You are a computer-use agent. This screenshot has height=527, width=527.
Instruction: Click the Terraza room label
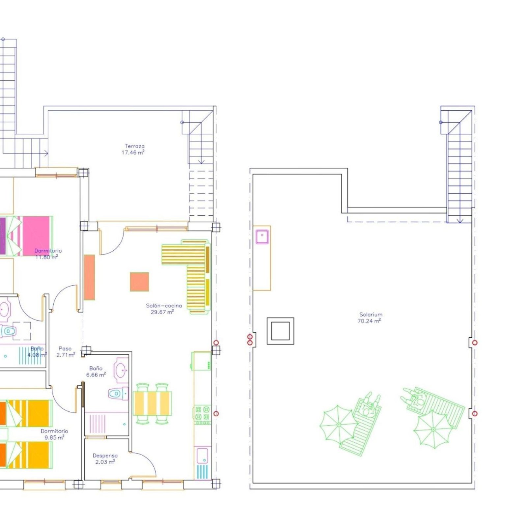tap(134, 146)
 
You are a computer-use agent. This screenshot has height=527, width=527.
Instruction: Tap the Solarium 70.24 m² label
tap(370, 318)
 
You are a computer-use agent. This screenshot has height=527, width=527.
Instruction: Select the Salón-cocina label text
tap(164, 306)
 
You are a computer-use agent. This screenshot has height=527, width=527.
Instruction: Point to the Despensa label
tap(105, 456)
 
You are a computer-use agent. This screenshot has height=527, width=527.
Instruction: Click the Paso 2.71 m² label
tap(65, 352)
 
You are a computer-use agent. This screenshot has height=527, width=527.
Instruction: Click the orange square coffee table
tap(139, 282)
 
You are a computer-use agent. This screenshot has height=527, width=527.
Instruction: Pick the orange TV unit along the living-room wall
tap(89, 277)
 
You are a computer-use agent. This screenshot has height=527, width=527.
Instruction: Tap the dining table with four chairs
tap(152, 403)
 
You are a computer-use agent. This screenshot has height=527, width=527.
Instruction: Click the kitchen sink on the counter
tap(202, 455)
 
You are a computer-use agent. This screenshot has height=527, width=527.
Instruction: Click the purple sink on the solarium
tap(262, 237)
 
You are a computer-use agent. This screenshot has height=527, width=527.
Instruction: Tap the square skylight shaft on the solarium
tap(280, 331)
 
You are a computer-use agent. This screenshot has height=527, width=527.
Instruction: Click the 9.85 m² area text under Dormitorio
tap(54, 437)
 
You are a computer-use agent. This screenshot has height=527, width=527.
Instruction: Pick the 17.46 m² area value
tap(133, 152)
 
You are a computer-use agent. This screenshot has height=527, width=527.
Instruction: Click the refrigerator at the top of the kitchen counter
tap(201, 361)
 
